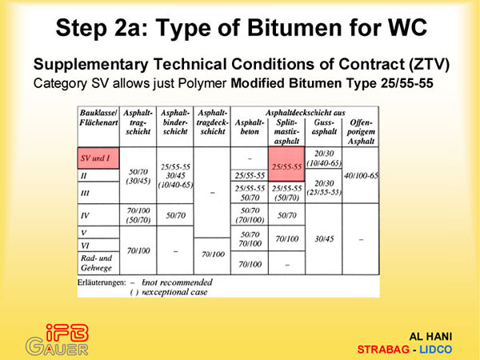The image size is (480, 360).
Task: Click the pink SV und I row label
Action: click(x=98, y=158)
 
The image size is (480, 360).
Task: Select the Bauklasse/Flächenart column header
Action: click(x=98, y=118)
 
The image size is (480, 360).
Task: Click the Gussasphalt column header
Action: click(x=324, y=127)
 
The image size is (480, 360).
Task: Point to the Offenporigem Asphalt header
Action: click(x=361, y=132)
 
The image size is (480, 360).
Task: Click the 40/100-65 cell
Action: click(x=361, y=176)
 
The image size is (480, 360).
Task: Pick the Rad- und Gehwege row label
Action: click(x=97, y=263)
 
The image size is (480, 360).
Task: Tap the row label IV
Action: click(x=85, y=215)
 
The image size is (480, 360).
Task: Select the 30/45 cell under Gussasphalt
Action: click(x=324, y=238)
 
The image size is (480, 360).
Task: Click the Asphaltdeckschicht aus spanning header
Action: click(x=305, y=113)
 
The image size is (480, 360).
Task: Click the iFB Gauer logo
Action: click(x=58, y=340)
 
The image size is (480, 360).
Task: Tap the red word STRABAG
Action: click(x=383, y=350)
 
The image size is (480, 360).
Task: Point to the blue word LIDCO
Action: click(x=436, y=350)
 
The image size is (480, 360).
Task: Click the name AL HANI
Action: click(x=430, y=337)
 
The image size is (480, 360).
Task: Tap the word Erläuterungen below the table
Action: click(x=102, y=282)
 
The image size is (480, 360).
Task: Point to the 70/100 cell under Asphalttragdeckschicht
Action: click(x=213, y=254)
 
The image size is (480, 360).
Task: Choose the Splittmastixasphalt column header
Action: click(x=286, y=132)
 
